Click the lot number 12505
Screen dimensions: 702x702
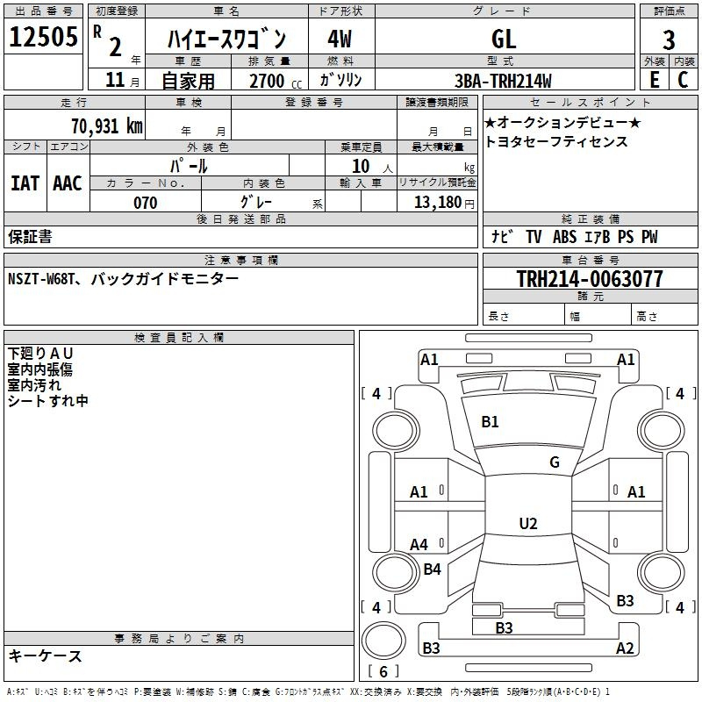[43, 37]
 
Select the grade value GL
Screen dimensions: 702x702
[504, 39]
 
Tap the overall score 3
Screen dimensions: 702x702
[669, 39]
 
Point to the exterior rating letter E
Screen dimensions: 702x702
[655, 79]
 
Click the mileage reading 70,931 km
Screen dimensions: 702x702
[107, 125]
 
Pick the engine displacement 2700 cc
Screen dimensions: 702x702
[276, 81]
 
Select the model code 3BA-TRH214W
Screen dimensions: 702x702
[503, 81]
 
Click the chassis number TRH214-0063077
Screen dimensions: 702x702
[590, 278]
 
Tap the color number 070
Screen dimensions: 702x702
[145, 203]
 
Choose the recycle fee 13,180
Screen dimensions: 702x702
[438, 203]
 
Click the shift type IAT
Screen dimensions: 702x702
[25, 183]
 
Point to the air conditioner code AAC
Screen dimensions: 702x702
[68, 183]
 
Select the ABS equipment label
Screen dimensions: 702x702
[564, 237]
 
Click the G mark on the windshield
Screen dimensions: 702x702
[555, 462]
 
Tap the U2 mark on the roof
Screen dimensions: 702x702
[528, 523]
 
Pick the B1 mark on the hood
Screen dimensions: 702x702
[490, 422]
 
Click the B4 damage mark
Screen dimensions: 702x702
[432, 569]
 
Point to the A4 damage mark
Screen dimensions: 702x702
[419, 544]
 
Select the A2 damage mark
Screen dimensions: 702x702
[625, 648]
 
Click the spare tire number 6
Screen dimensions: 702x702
[383, 671]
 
